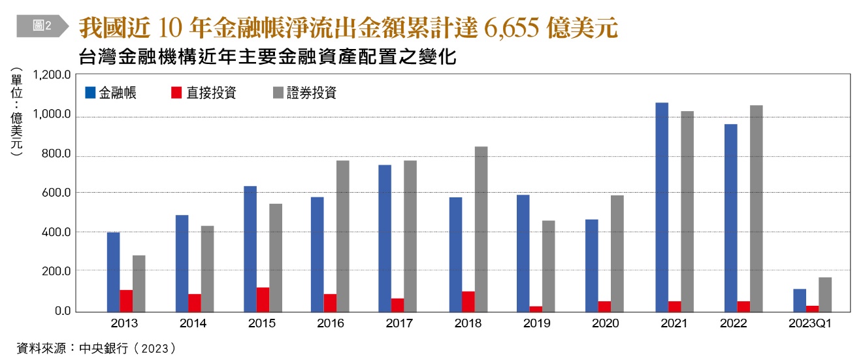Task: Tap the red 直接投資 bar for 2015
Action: [x=263, y=299]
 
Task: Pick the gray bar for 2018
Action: [x=480, y=229]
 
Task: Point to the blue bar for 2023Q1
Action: [x=800, y=300]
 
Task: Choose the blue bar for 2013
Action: [x=113, y=272]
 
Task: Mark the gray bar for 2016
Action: [x=343, y=236]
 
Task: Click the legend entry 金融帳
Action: [x=111, y=93]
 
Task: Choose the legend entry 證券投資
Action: [x=304, y=93]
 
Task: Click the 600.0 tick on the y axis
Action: [x=56, y=193]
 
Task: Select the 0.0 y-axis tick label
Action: [x=61, y=311]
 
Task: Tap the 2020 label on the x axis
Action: [x=605, y=323]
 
